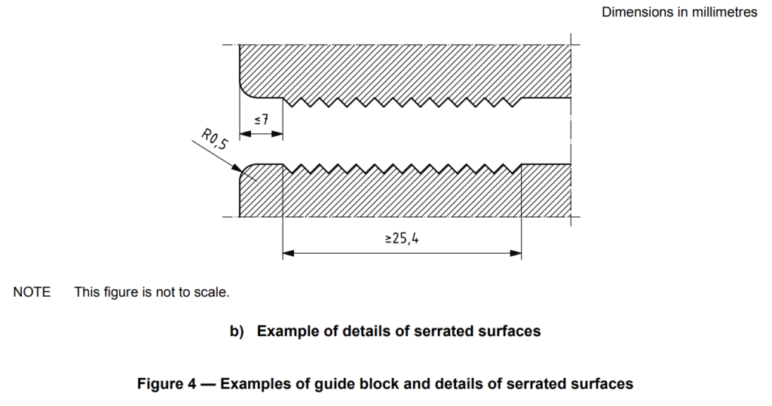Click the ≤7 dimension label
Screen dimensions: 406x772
click(x=261, y=119)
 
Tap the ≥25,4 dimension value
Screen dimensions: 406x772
click(x=401, y=239)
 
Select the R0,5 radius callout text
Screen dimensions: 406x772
click(x=213, y=139)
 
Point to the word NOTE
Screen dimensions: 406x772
click(x=32, y=292)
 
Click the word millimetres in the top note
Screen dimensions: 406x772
click(x=722, y=13)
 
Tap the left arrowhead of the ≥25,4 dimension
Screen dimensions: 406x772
click(x=287, y=254)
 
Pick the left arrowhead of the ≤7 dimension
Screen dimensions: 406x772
click(x=244, y=134)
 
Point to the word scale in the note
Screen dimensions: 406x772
click(x=210, y=292)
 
